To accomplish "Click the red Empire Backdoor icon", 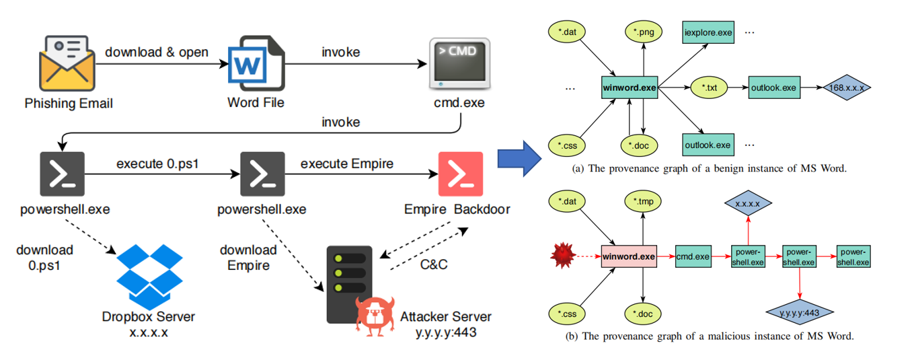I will pyautogui.click(x=460, y=174).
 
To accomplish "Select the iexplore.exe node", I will pyautogui.click(x=708, y=32).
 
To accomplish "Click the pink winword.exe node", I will pyautogui.click(x=629, y=256).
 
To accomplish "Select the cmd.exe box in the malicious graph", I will pyautogui.click(x=693, y=256).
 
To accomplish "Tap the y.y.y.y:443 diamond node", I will pyautogui.click(x=800, y=312).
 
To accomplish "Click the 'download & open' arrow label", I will pyautogui.click(x=156, y=52).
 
